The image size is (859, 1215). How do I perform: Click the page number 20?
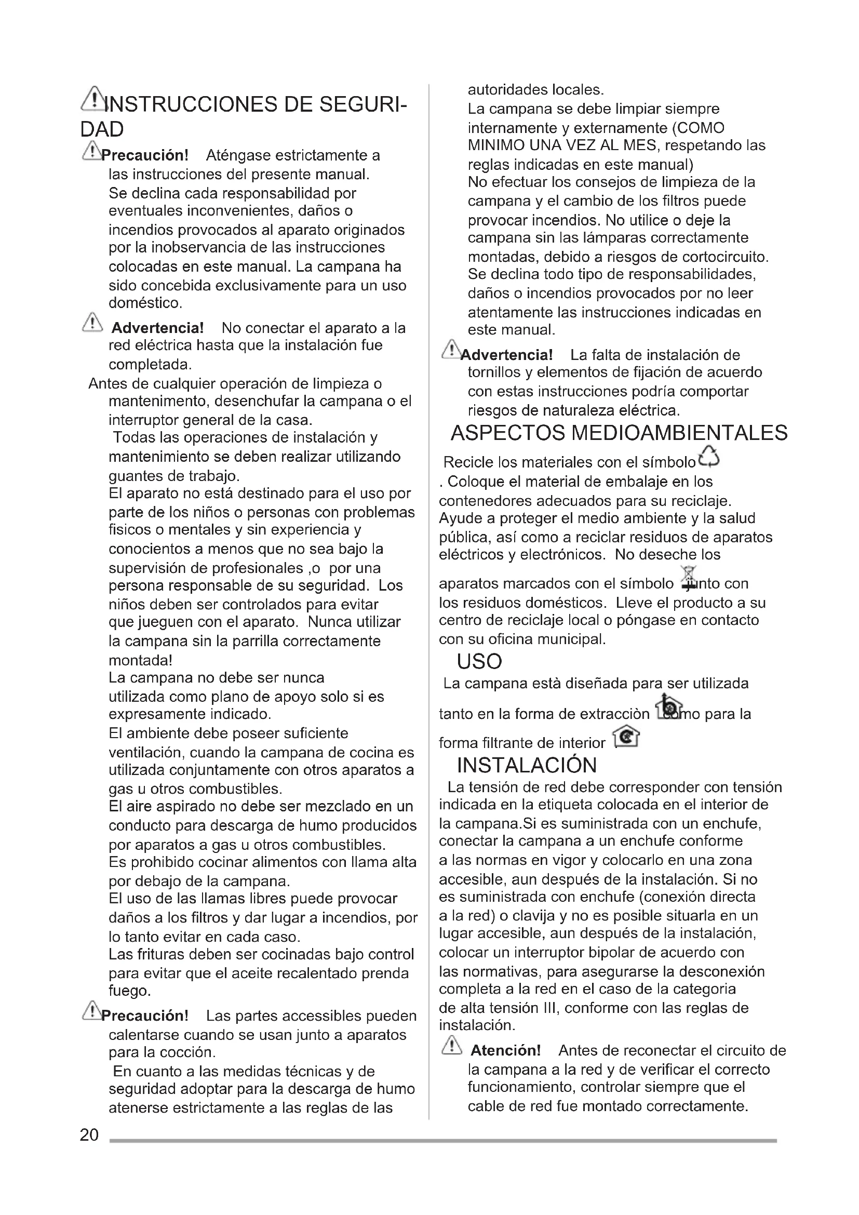(89, 1134)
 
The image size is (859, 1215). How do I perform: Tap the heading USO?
(479, 661)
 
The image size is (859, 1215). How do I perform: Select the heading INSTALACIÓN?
(527, 765)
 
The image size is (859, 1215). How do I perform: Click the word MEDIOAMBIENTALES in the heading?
(680, 433)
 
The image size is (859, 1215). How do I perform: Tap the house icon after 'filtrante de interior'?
(626, 737)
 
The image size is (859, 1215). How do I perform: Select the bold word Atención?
(506, 1050)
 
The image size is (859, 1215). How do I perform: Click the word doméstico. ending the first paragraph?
(145, 303)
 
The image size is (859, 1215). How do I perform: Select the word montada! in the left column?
(140, 660)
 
